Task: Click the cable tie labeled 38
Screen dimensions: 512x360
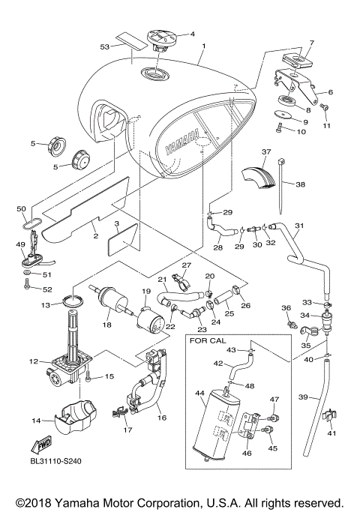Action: pos(285,187)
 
